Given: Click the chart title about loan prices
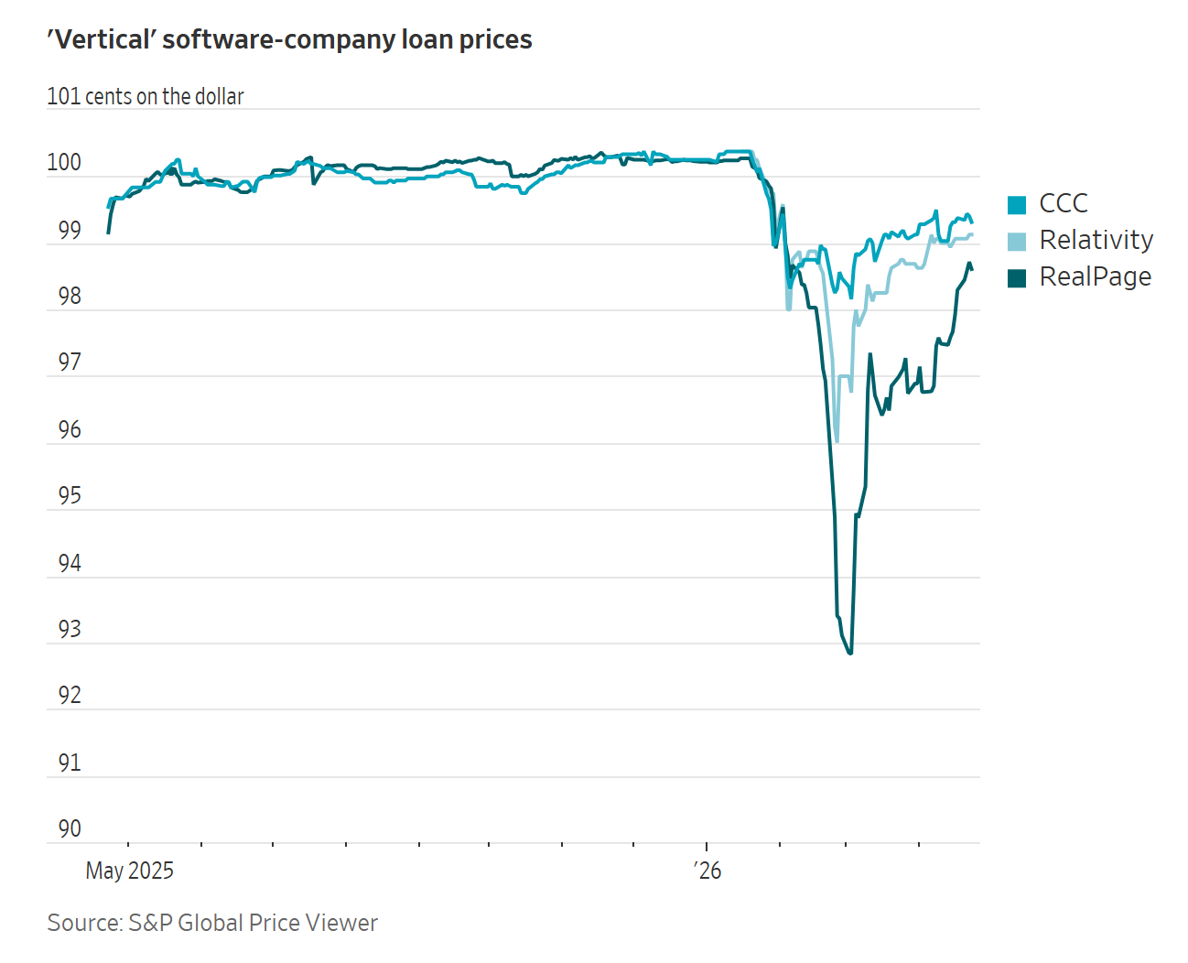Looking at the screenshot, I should pyautogui.click(x=289, y=40).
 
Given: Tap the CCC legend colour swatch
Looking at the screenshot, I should pyautogui.click(x=1017, y=204).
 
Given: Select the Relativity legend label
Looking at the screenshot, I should pyautogui.click(x=1096, y=240).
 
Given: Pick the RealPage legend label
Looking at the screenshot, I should pyautogui.click(x=1095, y=276).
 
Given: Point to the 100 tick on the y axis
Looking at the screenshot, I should pyautogui.click(x=64, y=163).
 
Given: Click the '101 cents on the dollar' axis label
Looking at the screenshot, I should pyautogui.click(x=146, y=96).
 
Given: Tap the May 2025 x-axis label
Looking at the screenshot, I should pyautogui.click(x=129, y=871).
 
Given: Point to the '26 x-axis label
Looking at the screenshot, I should pyautogui.click(x=707, y=871).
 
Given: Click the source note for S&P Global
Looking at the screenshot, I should pyautogui.click(x=212, y=923).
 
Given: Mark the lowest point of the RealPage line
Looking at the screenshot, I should pyautogui.click(x=850, y=653).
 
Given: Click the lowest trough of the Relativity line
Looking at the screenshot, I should pyautogui.click(x=837, y=441).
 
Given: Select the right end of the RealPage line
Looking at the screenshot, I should pyautogui.click(x=971, y=268).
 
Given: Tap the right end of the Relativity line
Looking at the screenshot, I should pyautogui.click(x=971, y=235).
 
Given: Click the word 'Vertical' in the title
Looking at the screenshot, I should pyautogui.click(x=102, y=40).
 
